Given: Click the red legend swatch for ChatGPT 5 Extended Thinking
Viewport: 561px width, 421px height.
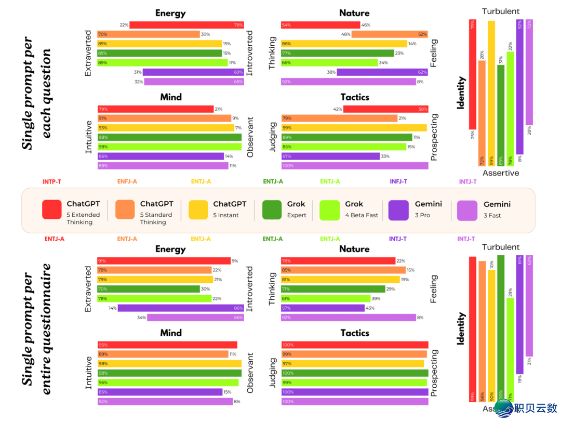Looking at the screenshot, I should (52, 209).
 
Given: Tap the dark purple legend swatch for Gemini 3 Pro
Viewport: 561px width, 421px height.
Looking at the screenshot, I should (398, 209).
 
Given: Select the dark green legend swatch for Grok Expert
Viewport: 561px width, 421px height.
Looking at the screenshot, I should (272, 209).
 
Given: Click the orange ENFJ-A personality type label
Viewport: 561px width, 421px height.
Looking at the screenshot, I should (127, 181).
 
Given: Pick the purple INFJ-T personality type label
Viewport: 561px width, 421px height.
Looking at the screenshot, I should (398, 181).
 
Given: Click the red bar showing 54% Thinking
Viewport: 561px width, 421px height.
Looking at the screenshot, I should (320, 25).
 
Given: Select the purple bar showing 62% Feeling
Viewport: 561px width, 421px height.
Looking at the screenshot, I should (382, 72).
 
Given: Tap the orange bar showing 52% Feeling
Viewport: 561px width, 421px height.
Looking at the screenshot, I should (390, 34).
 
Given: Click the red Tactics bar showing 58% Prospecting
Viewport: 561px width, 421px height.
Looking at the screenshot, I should (385, 109).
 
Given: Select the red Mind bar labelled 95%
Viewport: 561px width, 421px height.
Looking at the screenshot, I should (167, 345).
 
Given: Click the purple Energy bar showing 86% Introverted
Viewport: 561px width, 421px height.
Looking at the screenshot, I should (181, 308).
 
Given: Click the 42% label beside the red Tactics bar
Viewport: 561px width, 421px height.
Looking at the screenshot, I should (338, 109).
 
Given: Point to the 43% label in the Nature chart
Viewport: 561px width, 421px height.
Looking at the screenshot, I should (370, 308).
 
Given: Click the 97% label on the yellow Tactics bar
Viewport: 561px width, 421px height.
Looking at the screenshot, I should (287, 364).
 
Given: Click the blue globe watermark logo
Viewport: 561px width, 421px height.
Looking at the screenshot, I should (503, 408).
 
